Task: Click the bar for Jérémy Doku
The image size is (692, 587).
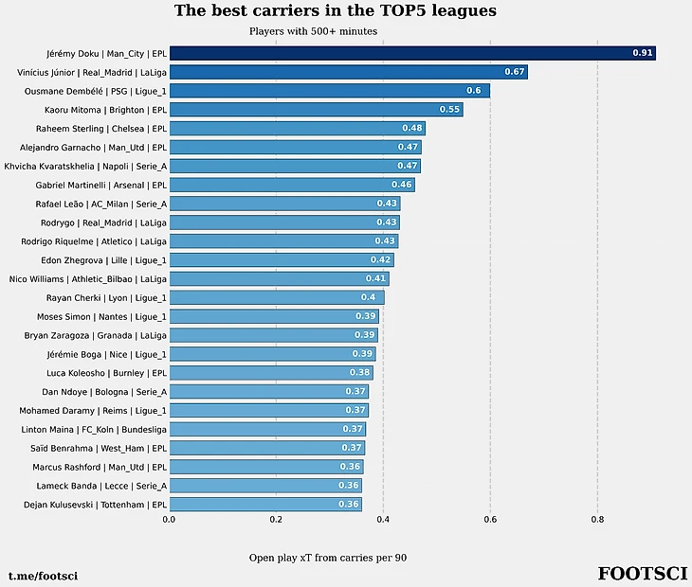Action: [x=412, y=53]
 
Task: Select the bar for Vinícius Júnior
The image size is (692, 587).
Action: [x=348, y=72]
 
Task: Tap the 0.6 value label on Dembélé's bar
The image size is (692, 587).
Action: [x=474, y=91]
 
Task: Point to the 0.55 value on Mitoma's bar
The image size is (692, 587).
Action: [x=449, y=110]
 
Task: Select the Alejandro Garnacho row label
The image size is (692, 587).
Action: [x=93, y=147]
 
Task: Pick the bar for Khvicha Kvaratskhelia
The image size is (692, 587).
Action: [x=294, y=166]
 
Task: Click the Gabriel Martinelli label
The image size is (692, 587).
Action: [x=101, y=185]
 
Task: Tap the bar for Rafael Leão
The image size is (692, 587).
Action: [x=284, y=204]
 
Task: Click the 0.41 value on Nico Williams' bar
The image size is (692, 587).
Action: [x=375, y=278]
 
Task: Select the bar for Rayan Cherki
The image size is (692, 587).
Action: [x=276, y=297]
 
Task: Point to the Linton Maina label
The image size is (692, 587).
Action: [x=93, y=429]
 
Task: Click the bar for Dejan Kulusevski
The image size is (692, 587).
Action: [x=264, y=505]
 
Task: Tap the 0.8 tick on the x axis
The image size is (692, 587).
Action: [x=597, y=519]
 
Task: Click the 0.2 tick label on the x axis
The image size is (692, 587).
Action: [x=276, y=519]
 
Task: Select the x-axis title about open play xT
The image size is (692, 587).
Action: [x=328, y=558]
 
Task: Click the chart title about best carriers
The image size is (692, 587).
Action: [x=335, y=11]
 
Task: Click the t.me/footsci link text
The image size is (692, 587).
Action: [x=43, y=576]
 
